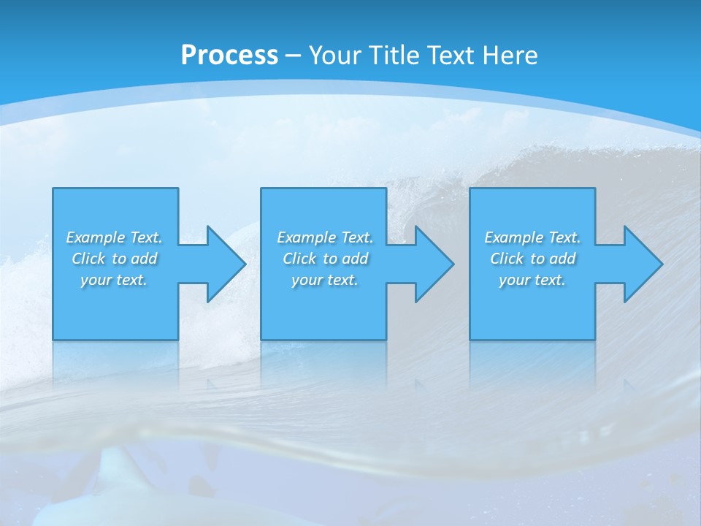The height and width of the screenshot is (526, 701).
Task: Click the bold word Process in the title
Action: coord(229,56)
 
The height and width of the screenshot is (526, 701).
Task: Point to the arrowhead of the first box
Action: coord(227,264)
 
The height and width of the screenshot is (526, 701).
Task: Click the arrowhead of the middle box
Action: coord(435,264)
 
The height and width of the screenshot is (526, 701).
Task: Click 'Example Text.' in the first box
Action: coord(114,237)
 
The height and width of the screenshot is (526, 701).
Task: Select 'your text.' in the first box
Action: coord(114,280)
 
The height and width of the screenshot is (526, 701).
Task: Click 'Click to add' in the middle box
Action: coord(325,259)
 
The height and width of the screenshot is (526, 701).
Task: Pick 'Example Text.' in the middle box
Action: coord(325,237)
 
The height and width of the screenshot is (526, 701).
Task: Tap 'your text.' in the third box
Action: coord(532,280)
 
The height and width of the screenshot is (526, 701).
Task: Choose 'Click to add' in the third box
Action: coord(532,259)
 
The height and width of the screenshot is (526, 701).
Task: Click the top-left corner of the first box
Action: coord(53,188)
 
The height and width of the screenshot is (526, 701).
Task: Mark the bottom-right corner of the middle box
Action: coord(386,339)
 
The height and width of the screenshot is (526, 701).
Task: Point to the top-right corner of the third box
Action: coord(594,188)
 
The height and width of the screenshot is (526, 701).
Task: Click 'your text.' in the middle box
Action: coord(325,280)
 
